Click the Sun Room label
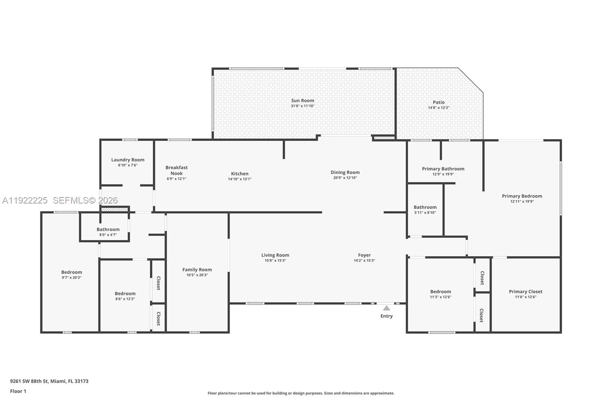click(303, 100)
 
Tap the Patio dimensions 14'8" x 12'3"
click(438, 108)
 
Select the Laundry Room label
click(128, 160)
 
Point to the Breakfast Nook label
click(176, 170)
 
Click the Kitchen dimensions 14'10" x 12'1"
click(240, 179)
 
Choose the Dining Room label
click(345, 172)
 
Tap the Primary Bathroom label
click(443, 169)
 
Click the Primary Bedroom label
click(522, 196)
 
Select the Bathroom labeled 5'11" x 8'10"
click(425, 207)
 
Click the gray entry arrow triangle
click(386, 308)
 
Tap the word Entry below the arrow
click(386, 316)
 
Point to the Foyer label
click(364, 255)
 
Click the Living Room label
click(275, 255)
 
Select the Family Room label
click(197, 270)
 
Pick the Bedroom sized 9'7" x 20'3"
click(71, 272)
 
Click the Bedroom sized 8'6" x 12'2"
click(125, 294)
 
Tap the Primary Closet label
click(526, 292)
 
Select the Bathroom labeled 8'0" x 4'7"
click(108, 229)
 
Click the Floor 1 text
click(18, 391)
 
